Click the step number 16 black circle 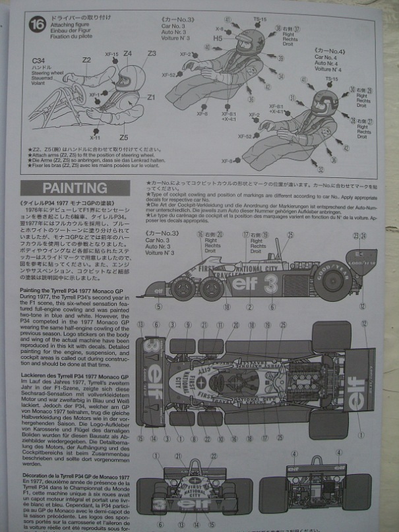[36, 24]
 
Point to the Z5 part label [123, 137]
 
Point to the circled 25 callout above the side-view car [291, 234]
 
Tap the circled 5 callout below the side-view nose [158, 306]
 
